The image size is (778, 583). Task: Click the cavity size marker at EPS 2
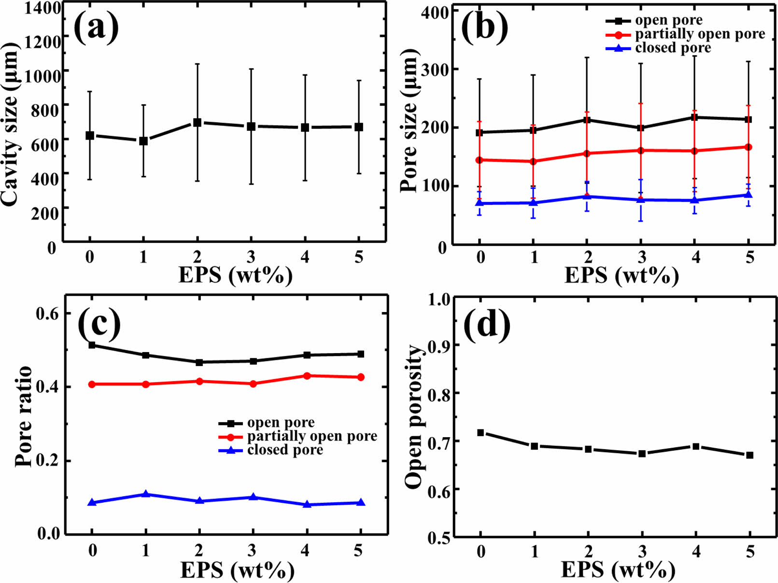tap(197, 123)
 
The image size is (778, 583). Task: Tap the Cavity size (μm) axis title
tap(11, 125)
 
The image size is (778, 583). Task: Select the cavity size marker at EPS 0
tap(90, 136)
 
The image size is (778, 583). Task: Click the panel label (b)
tap(485, 27)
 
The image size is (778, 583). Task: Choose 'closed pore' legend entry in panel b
tap(673, 48)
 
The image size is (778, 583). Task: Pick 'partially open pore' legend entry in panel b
tap(700, 34)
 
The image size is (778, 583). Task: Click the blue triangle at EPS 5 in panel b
tap(749, 195)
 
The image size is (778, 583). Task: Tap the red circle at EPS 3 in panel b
tap(641, 151)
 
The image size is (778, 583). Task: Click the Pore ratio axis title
tap(23, 416)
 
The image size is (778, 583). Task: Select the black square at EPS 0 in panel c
tap(92, 345)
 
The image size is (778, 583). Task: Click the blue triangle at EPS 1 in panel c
tap(146, 494)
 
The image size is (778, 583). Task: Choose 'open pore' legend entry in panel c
tap(281, 423)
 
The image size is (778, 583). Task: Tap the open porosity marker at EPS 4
tap(695, 446)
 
